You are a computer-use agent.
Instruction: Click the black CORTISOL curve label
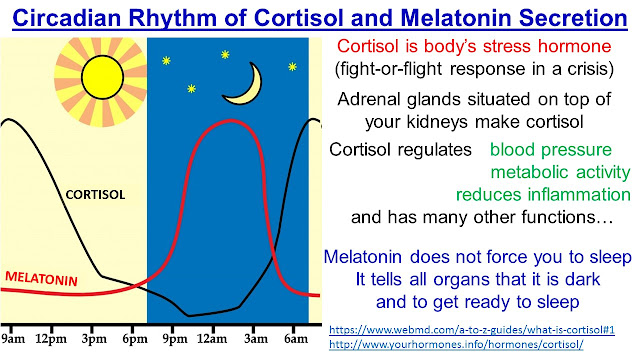pos(93,194)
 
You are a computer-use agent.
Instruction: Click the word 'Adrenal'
pos(371,99)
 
